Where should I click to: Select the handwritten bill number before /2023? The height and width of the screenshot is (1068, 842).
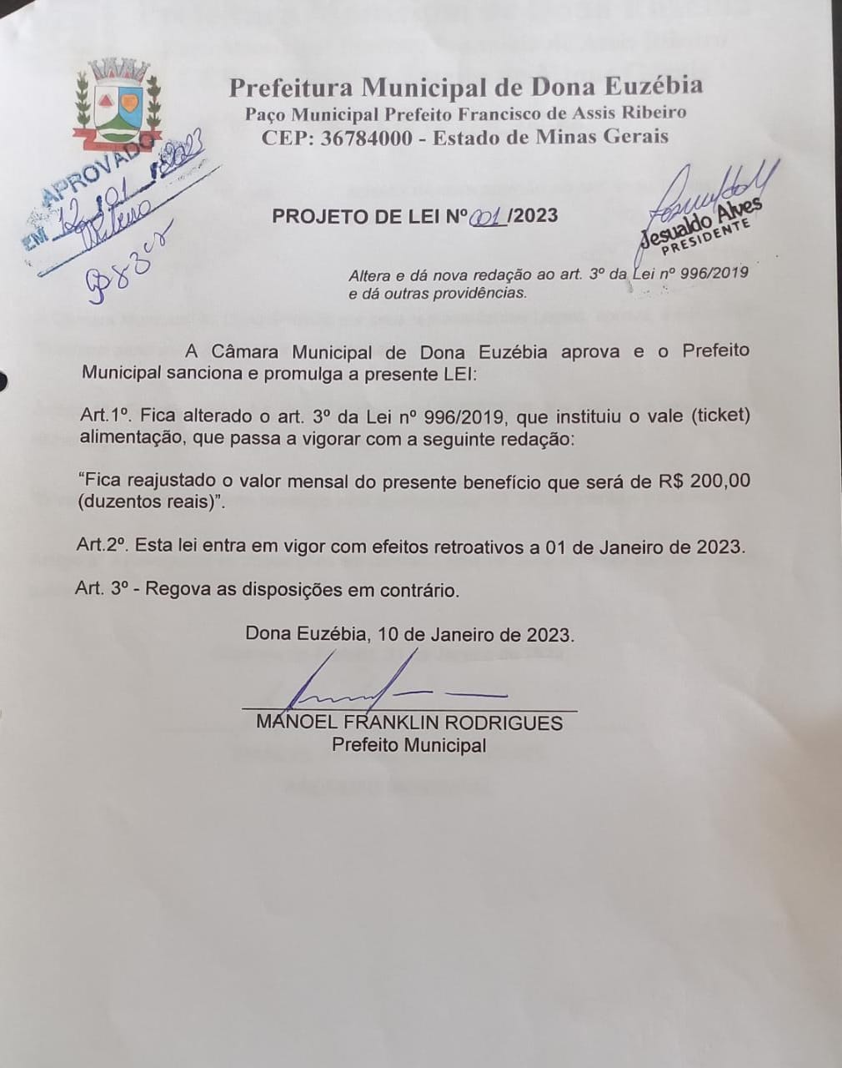[x=489, y=217]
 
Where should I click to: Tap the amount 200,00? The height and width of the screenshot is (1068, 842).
[x=719, y=481]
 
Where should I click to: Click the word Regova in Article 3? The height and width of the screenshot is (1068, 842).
[x=178, y=590]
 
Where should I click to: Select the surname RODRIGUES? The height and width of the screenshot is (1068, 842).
[x=504, y=723]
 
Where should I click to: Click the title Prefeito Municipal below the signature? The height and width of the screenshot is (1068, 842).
[x=408, y=745]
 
